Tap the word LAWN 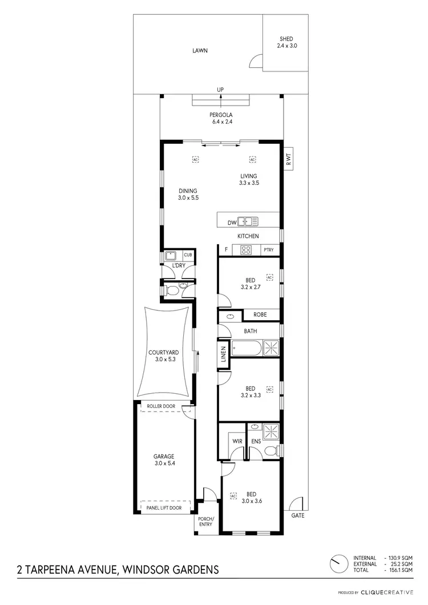coord(199,51)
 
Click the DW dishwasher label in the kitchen coord(231,222)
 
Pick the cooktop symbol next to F coord(247,249)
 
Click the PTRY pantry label coord(269,250)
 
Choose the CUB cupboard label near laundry coord(188,255)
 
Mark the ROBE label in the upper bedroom coord(260,314)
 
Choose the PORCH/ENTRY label coord(205,522)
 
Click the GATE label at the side coord(298,515)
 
